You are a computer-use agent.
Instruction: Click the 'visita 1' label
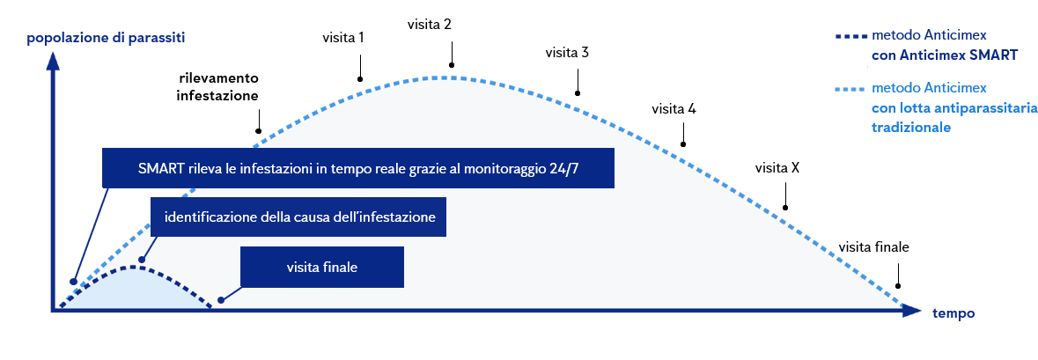[x=344, y=39]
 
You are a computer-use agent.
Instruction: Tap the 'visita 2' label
[x=430, y=24]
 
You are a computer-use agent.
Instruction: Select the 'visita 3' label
[x=566, y=53]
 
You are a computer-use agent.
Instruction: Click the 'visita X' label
[x=777, y=167]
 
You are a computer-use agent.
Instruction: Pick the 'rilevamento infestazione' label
[x=217, y=87]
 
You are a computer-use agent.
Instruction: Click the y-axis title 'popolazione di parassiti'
[x=107, y=38]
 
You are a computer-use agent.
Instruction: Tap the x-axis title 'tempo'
[x=953, y=313]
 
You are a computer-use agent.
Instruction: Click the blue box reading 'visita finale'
[x=321, y=267]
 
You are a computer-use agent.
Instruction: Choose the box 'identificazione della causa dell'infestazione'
[x=299, y=217]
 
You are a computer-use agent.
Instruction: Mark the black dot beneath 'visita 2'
[x=452, y=64]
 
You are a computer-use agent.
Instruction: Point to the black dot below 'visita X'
[x=785, y=208]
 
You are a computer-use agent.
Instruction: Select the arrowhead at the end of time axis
[x=915, y=311]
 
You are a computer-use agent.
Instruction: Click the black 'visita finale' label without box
[x=872, y=246]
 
